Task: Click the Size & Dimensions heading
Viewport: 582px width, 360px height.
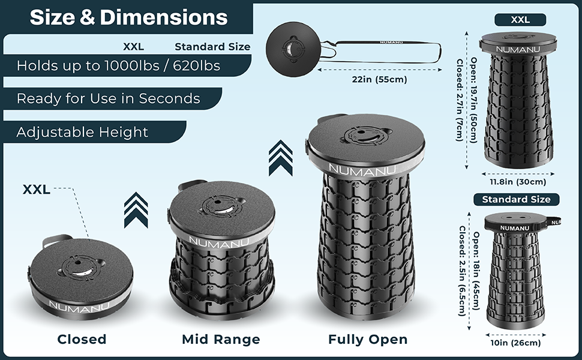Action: pos(128,17)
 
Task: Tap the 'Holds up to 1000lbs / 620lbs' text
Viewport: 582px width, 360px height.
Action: pos(118,65)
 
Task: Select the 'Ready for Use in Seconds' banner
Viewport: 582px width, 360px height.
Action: pos(108,98)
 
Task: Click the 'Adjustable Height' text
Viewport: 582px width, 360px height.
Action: pos(82,132)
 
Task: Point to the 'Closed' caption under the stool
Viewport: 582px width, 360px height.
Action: pos(82,340)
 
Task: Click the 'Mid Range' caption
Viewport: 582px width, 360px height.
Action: pos(221,340)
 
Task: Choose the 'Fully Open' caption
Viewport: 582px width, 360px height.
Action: pos(368,340)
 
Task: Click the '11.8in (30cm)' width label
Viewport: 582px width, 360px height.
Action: pos(518,182)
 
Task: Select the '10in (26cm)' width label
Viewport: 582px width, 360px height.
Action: pos(516,343)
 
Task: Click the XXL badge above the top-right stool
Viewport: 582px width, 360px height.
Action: pos(520,20)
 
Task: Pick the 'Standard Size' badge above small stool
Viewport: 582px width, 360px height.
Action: pos(516,199)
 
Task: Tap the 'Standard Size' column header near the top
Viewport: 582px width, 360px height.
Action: pos(212,47)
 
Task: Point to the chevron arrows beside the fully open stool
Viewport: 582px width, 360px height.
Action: pos(281,157)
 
